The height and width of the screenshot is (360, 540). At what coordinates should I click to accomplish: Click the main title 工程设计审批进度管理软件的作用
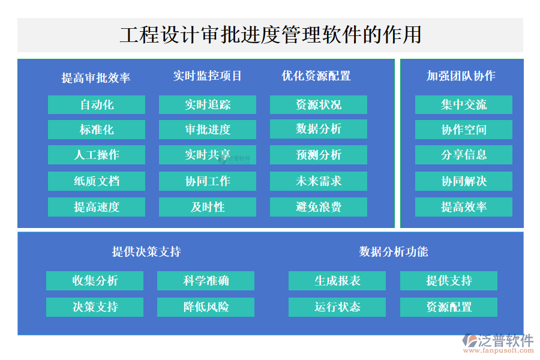pyautogui.click(x=270, y=34)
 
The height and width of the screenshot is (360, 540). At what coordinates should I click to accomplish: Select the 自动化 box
pyautogui.click(x=97, y=105)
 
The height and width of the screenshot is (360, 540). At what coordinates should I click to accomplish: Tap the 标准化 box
pyautogui.click(x=97, y=130)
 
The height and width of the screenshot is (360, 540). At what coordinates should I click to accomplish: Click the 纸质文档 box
pyautogui.click(x=97, y=181)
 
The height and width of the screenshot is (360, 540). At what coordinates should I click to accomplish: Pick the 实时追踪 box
pyautogui.click(x=208, y=105)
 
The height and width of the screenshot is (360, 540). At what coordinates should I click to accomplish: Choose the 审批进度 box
pyautogui.click(x=208, y=130)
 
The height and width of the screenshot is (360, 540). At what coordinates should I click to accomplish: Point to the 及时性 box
pyautogui.click(x=208, y=207)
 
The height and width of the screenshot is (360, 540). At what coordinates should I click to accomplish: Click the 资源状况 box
pyautogui.click(x=319, y=105)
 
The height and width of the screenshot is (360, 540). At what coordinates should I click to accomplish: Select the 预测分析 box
pyautogui.click(x=319, y=155)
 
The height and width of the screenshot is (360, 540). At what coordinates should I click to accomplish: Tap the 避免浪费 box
pyautogui.click(x=319, y=207)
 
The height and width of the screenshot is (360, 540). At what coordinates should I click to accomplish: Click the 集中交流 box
pyautogui.click(x=464, y=105)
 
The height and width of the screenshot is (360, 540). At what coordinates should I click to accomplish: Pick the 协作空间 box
pyautogui.click(x=464, y=130)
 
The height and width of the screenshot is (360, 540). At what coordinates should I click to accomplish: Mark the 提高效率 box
pyautogui.click(x=464, y=207)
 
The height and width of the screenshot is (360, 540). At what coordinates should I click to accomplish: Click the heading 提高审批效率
pyautogui.click(x=96, y=77)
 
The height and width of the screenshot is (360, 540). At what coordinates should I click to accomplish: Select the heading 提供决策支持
pyautogui.click(x=146, y=251)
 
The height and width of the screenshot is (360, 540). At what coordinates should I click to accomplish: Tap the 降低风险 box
pyautogui.click(x=206, y=307)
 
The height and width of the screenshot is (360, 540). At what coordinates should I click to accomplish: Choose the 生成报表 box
pyautogui.click(x=337, y=281)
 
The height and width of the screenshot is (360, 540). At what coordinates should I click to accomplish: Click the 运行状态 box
pyautogui.click(x=337, y=307)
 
